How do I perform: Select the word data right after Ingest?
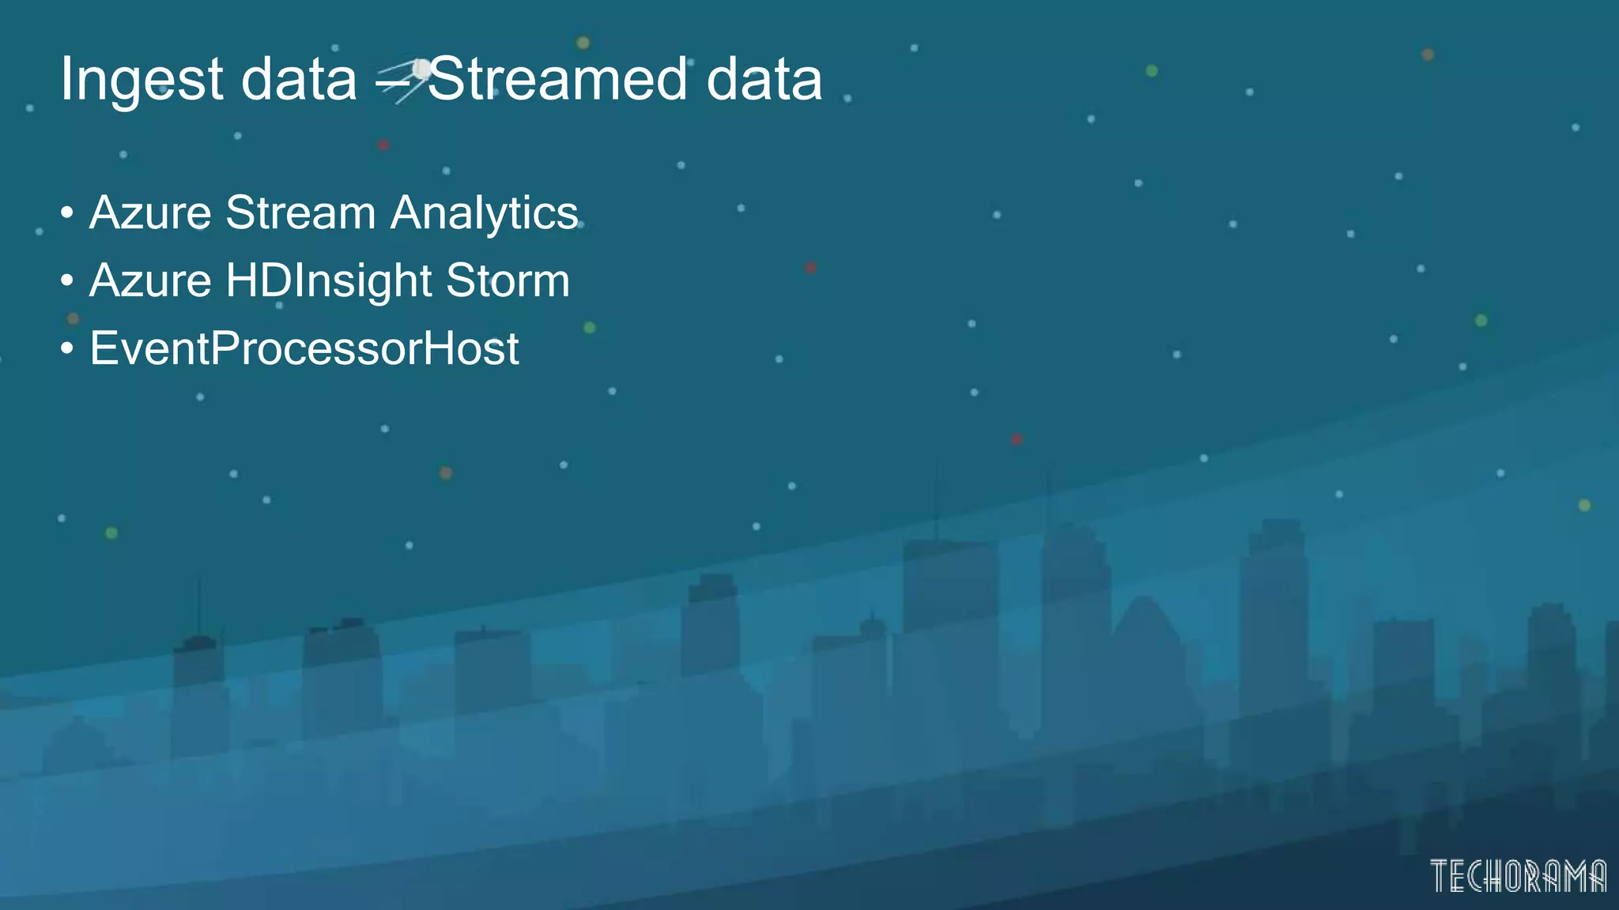click(x=299, y=79)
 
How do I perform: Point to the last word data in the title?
click(x=764, y=79)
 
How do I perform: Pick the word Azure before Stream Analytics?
click(x=150, y=213)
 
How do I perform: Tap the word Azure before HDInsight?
click(x=150, y=281)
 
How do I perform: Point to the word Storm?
click(x=508, y=281)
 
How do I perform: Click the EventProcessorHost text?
click(x=304, y=348)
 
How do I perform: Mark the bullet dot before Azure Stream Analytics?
click(x=67, y=212)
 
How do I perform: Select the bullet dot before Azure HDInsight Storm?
click(x=67, y=280)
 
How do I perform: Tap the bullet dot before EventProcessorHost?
click(x=67, y=348)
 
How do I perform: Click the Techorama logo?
click(x=1518, y=875)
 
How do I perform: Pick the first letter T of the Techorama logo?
click(x=1440, y=875)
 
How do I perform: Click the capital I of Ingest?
click(x=66, y=79)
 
